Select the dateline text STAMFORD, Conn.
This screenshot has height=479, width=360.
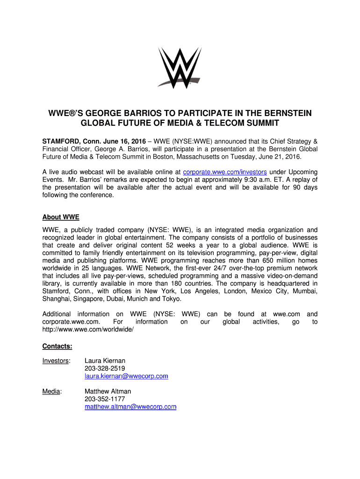[67, 141]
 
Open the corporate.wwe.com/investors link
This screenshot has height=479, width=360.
[225, 172]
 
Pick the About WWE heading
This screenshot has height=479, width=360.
[61, 218]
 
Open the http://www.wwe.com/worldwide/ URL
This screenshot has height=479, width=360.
[88, 330]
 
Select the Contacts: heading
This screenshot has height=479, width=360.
[57, 347]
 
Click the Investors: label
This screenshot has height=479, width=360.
[57, 361]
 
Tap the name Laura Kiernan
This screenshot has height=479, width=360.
[105, 361]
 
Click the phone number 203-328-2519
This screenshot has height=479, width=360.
[105, 369]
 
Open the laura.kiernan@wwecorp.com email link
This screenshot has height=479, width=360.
[126, 376]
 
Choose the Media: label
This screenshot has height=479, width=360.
[51, 392]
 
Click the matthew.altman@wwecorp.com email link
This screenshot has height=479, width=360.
[130, 407]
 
